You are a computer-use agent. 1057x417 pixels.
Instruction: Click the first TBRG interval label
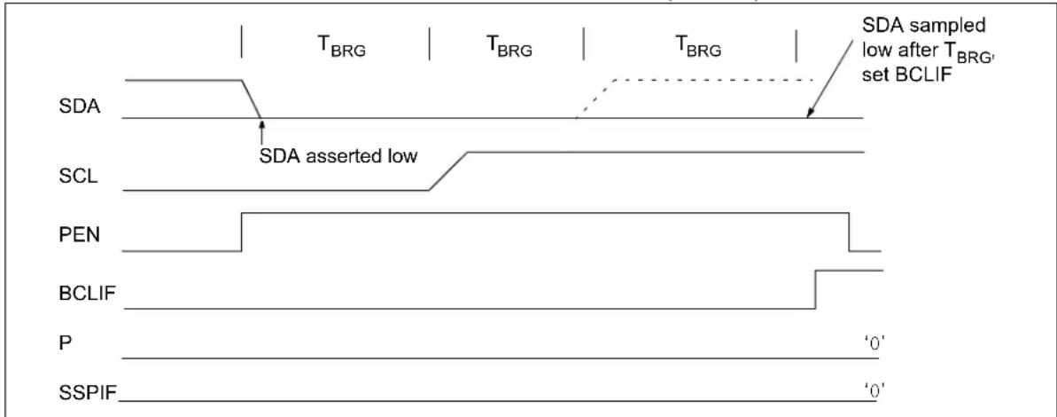pyautogui.click(x=342, y=49)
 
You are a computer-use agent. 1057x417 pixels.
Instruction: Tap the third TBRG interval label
pyautogui.click(x=698, y=49)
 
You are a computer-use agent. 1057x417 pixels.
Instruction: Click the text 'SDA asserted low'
pyautogui.click(x=339, y=156)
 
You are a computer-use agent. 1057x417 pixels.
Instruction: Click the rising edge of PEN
pyautogui.click(x=241, y=232)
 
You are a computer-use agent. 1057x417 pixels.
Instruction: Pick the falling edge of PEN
pyautogui.click(x=849, y=232)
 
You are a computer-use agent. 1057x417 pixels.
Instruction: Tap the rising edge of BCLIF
pyautogui.click(x=816, y=289)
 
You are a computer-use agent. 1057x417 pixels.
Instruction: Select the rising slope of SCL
pyautogui.click(x=448, y=171)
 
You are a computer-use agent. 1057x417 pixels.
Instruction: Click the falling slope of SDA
pyautogui.click(x=251, y=99)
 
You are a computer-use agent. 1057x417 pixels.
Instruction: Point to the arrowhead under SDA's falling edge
pyautogui.click(x=261, y=122)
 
